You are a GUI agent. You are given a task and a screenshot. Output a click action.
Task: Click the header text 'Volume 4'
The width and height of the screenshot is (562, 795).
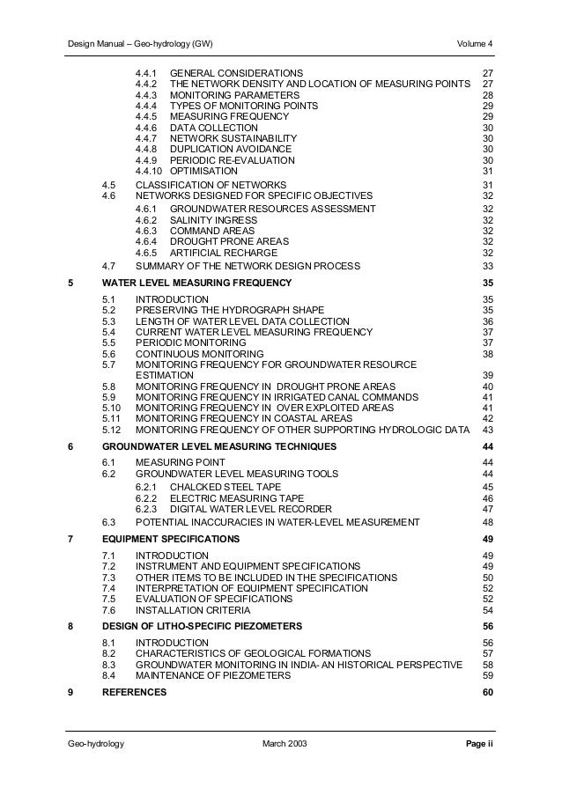[x=476, y=44]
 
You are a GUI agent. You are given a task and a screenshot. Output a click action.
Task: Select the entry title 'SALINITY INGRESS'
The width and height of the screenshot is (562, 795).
[x=211, y=220]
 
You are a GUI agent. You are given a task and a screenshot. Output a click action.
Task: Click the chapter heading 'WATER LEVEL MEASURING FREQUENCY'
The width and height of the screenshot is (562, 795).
[x=197, y=283]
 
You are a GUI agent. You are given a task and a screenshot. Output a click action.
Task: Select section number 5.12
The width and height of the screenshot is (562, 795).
[x=111, y=430]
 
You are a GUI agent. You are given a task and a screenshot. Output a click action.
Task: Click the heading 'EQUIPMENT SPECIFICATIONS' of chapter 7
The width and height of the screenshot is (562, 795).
[x=169, y=539]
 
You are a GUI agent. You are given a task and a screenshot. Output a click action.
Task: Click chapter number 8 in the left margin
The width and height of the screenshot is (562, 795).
[x=70, y=626]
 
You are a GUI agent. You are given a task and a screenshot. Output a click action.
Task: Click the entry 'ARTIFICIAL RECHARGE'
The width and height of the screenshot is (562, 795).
[x=218, y=252]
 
